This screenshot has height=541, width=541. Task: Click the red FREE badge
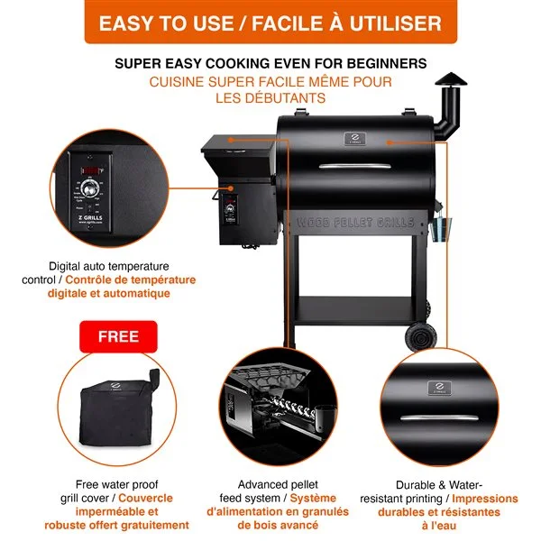pyautogui.click(x=118, y=336)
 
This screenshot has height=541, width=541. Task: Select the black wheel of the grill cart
pyautogui.click(x=417, y=337)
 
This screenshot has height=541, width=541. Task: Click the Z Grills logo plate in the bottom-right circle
pyautogui.click(x=439, y=389)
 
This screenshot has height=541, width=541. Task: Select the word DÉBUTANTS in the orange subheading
pyautogui.click(x=282, y=97)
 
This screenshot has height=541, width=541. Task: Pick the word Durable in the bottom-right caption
pyautogui.click(x=417, y=484)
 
